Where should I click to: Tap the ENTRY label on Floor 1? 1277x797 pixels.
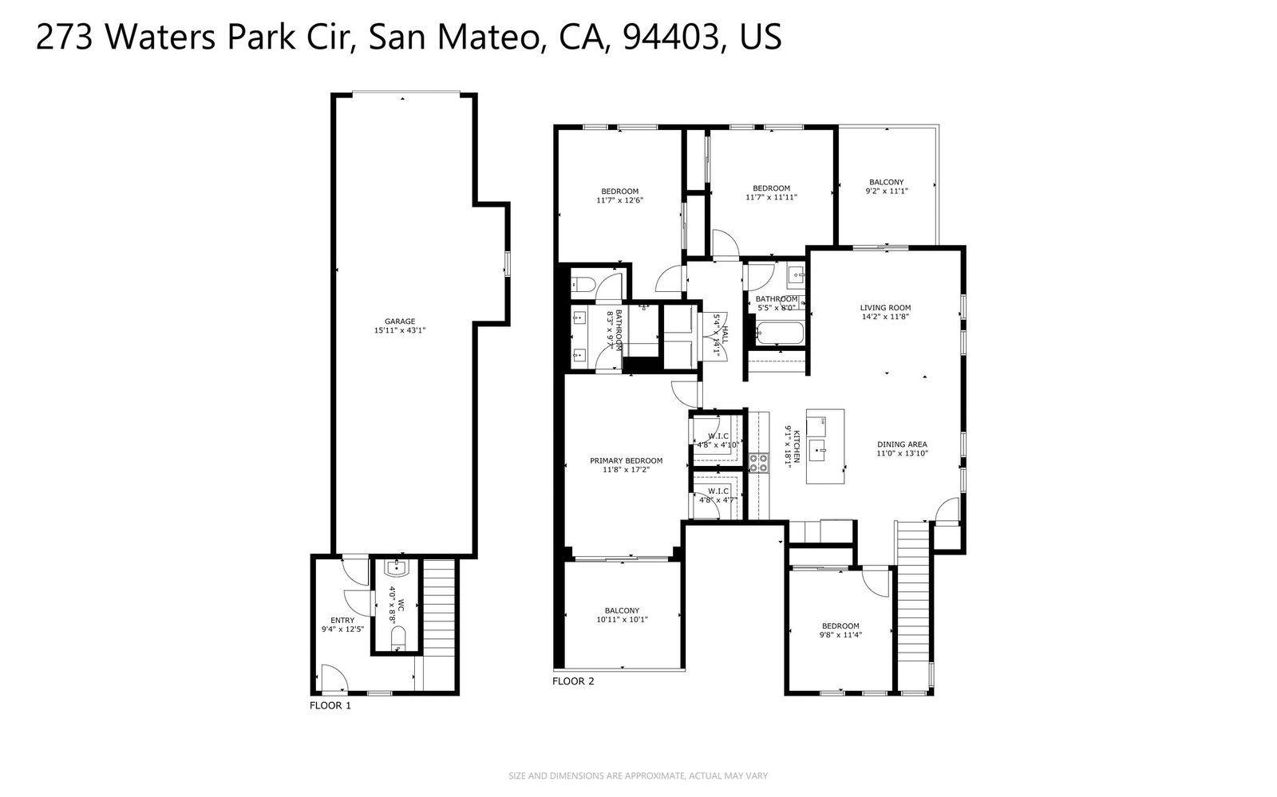342,620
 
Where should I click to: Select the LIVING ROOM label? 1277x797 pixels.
885,307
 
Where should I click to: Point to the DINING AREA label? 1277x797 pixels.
902,444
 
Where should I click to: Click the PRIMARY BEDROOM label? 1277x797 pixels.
626,460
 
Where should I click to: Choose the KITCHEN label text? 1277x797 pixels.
795,447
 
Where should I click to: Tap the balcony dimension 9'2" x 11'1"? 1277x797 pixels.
887,191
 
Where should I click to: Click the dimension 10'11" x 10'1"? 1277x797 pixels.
622,620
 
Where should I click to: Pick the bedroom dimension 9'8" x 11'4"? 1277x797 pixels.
840,635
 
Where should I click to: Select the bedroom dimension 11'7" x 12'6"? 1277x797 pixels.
619,200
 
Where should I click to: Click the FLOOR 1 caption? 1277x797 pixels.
330,705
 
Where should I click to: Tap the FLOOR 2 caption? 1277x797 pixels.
573,681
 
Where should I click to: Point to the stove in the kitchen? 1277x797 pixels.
757,462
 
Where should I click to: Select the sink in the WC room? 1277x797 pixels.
397,568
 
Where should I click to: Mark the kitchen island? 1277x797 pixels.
824,447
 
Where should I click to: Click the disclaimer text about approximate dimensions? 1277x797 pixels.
638,775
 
